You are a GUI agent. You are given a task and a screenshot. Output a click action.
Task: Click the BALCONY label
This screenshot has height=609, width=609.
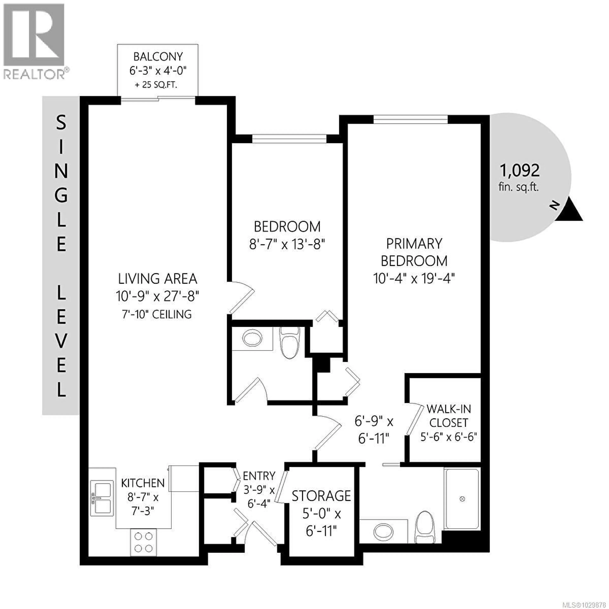coord(158,57)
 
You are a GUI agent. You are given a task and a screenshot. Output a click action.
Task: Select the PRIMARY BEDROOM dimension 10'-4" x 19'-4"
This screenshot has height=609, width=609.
coord(414,279)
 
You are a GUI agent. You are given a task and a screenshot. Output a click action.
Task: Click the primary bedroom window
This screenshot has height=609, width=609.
coord(410,119)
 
